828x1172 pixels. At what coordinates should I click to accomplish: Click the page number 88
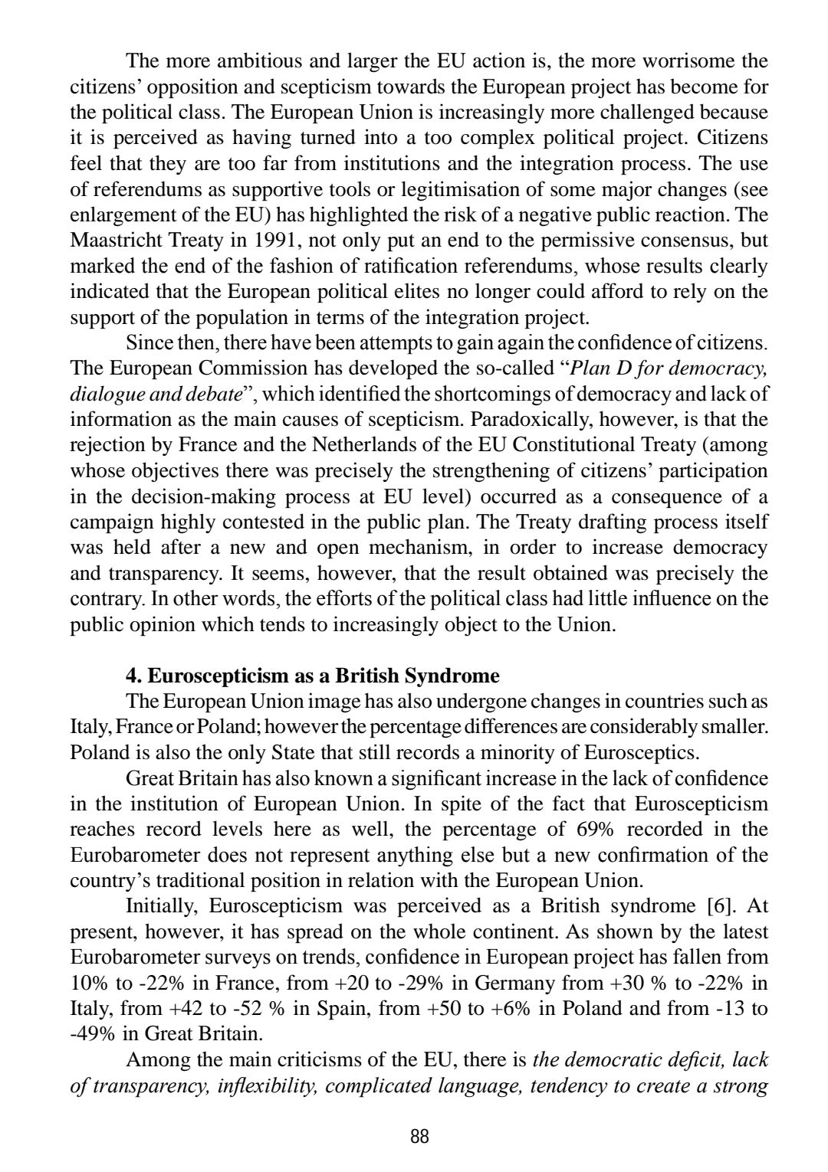[419, 1136]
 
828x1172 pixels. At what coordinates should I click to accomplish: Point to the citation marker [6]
[718, 905]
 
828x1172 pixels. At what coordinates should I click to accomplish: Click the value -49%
[94, 1033]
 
